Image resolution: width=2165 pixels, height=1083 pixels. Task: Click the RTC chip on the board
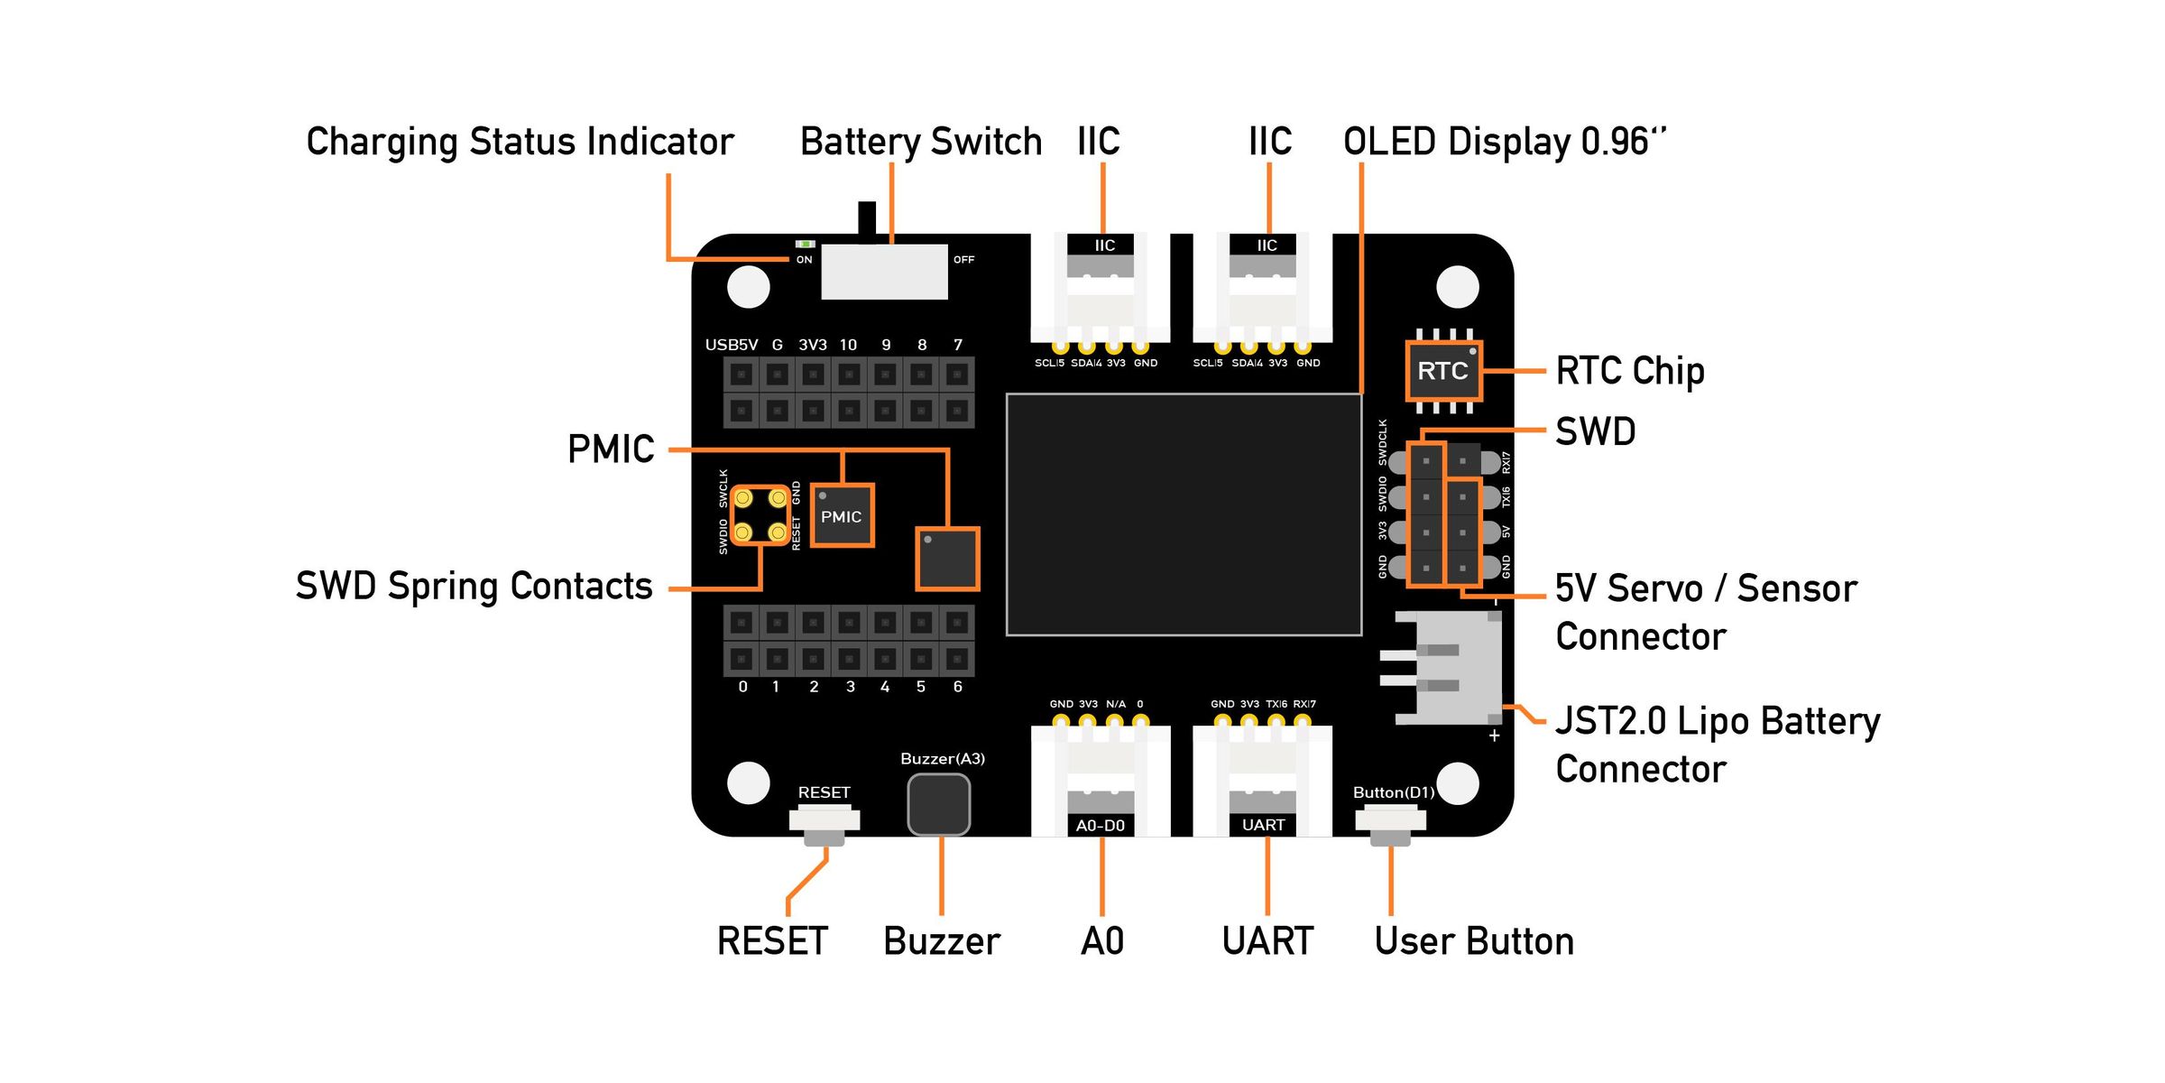pos(1443,371)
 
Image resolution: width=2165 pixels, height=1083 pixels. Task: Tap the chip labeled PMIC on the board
pos(842,516)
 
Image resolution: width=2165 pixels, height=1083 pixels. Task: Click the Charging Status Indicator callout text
pos(520,142)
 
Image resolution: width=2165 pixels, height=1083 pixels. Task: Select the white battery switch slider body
pos(884,271)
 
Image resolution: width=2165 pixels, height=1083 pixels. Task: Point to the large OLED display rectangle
pos(1184,514)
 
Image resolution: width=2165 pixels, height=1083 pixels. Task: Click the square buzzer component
pos(939,804)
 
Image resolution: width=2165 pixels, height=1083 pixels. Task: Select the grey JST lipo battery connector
pos(1452,668)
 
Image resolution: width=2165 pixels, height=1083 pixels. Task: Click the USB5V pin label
pos(731,345)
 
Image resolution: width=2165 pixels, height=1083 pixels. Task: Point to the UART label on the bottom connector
pos(1263,825)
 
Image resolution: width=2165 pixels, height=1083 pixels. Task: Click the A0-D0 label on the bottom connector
pos(1101,826)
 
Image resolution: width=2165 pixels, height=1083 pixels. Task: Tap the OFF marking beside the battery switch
pos(963,260)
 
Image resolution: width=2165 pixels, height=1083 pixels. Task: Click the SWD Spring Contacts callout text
pos(474,586)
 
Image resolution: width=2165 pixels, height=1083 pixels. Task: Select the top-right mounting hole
pos(1457,287)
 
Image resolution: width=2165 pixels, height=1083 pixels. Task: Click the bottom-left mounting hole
pos(748,782)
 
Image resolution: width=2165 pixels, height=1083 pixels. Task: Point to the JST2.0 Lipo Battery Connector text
pos(1718,745)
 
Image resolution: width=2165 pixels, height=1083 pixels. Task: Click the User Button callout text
pos(1474,941)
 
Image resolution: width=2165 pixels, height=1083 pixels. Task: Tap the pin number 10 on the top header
pos(848,345)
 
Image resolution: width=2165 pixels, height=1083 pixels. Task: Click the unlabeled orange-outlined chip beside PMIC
pos(947,560)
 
